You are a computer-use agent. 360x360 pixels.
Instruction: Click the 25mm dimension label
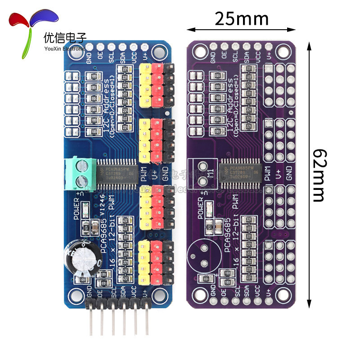(242, 19)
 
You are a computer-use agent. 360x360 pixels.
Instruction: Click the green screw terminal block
(78, 172)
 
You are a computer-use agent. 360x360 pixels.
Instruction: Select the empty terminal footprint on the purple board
(202, 173)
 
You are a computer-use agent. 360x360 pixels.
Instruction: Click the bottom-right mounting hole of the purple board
(282, 295)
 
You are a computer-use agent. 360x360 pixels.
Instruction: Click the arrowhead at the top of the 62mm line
(309, 45)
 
